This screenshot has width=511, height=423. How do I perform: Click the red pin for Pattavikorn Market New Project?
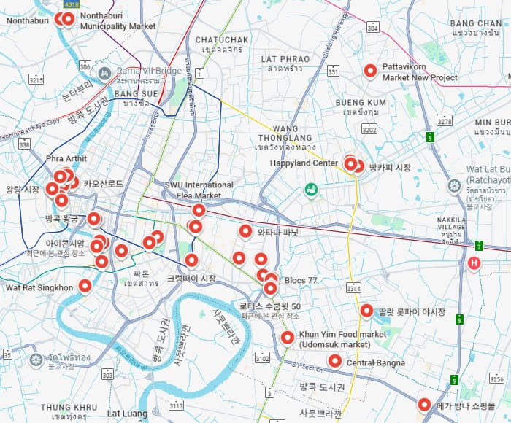[370, 71]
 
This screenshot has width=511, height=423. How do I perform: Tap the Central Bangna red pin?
[335, 360]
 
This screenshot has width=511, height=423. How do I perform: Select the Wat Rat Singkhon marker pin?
[85, 286]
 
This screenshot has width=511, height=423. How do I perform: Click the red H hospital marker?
[474, 263]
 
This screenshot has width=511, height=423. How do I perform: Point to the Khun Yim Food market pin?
[288, 338]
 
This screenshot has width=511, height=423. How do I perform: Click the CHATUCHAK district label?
[223, 39]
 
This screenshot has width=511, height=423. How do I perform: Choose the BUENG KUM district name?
[361, 103]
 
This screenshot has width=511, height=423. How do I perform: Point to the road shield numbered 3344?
[353, 290]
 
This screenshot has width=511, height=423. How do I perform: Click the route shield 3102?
[262, 358]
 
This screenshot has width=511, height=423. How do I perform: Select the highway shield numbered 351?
[333, 71]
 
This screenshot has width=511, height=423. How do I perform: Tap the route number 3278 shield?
[444, 120]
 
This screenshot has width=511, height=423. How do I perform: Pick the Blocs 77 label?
[301, 280]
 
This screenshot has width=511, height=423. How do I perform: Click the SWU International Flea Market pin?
[198, 210]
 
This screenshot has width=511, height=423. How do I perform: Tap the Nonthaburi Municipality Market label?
[118, 20]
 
